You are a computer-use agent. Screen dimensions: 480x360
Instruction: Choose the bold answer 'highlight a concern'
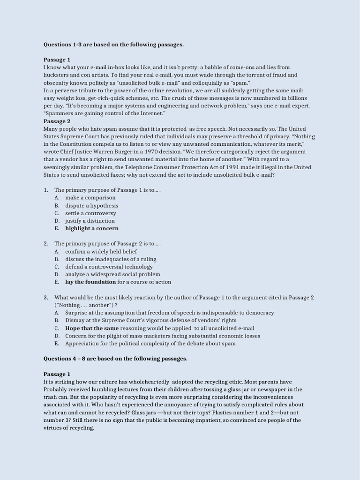(92, 228)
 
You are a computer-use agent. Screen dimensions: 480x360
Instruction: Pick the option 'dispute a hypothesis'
(91, 205)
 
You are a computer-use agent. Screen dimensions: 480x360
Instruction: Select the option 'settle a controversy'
(90, 213)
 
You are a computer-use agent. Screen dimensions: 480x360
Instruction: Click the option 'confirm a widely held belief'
(101, 251)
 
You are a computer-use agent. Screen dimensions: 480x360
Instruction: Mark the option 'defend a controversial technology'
(109, 267)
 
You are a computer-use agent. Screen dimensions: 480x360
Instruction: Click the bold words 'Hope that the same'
(92, 328)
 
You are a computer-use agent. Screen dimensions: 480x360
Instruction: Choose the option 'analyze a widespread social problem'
(112, 274)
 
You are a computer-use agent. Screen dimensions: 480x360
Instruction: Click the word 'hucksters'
(57, 75)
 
